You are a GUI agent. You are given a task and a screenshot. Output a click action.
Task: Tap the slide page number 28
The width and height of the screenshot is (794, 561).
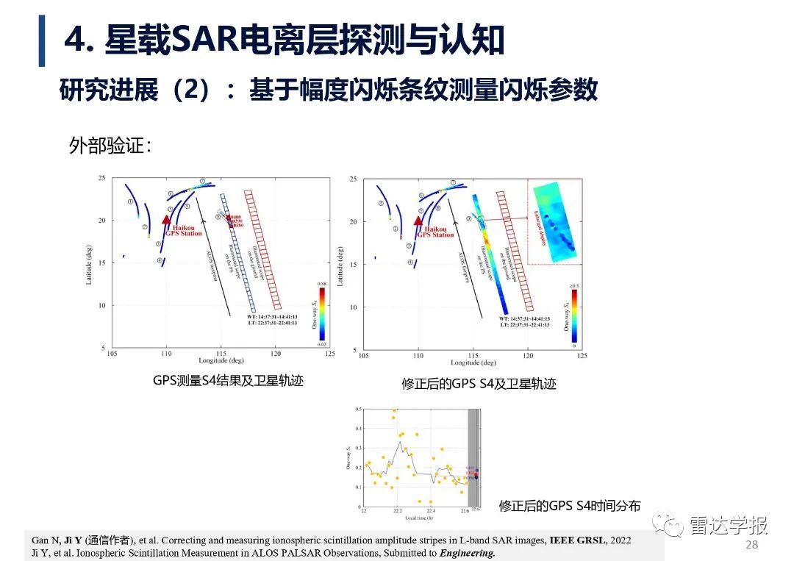tap(751, 545)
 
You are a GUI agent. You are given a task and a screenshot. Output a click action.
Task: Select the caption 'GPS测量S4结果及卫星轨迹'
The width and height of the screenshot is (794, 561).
tap(228, 381)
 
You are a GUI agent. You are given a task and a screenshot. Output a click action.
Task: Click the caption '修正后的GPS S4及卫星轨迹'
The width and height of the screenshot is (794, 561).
tap(479, 384)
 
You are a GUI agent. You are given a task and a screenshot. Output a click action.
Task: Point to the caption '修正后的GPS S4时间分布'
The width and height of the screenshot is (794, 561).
tap(570, 506)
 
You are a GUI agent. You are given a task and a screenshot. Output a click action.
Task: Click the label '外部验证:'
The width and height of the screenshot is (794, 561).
tap(110, 146)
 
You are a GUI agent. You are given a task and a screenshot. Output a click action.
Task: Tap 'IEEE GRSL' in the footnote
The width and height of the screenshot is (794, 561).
tap(573, 540)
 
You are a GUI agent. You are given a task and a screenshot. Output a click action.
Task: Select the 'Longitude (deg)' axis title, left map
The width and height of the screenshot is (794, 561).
tap(221, 361)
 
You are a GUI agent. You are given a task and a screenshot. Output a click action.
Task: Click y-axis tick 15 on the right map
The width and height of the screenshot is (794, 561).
tap(354, 263)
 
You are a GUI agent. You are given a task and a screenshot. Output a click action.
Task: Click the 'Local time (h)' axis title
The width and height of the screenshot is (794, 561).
tap(420, 518)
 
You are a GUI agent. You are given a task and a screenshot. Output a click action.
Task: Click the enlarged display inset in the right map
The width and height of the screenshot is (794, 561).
tap(555, 223)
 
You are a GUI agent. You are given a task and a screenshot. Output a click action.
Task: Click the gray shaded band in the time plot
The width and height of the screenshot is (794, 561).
tap(474, 456)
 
